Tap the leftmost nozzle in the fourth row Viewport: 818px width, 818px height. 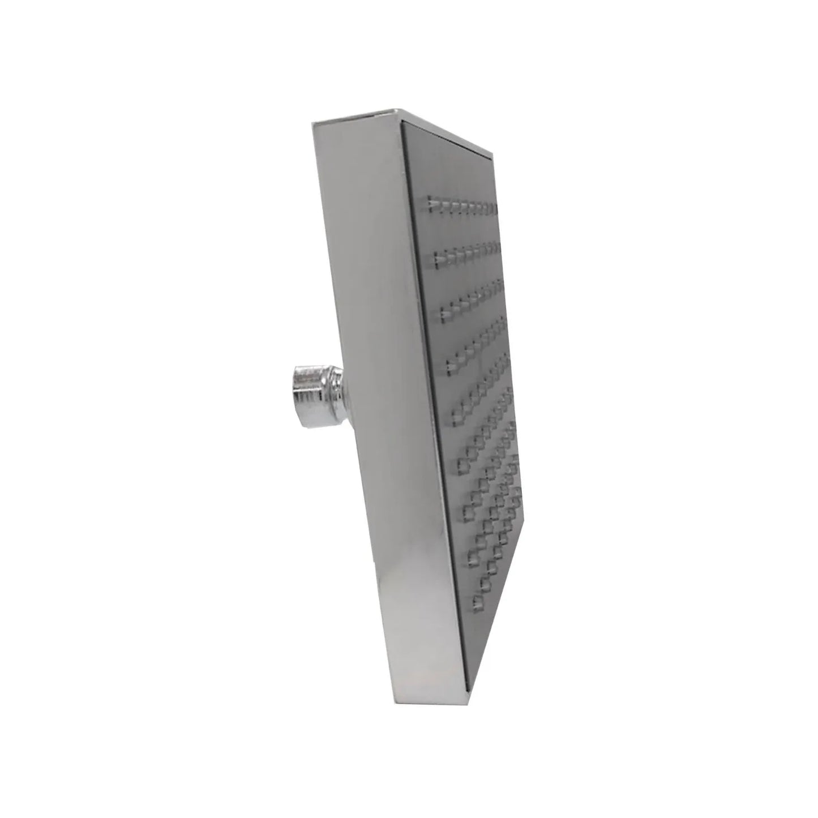click(x=448, y=369)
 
